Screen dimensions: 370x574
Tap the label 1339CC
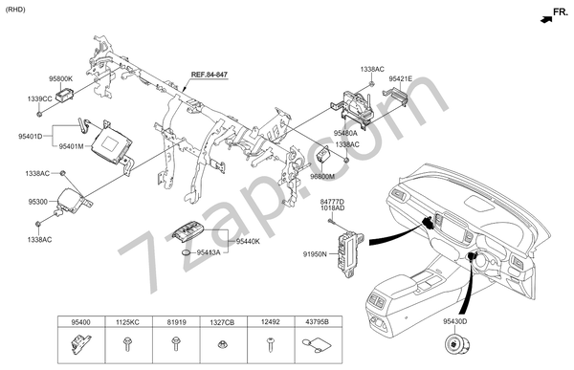tap(40, 98)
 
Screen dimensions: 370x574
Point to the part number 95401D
tap(30, 137)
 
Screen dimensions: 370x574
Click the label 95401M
tap(72, 146)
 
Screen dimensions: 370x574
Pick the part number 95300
tap(37, 203)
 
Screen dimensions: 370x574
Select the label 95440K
tap(248, 242)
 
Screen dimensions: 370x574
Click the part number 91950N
tap(315, 254)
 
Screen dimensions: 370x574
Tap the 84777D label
tap(331, 202)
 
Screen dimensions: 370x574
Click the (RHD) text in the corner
tap(16, 9)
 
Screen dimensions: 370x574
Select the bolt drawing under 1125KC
tap(126, 345)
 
